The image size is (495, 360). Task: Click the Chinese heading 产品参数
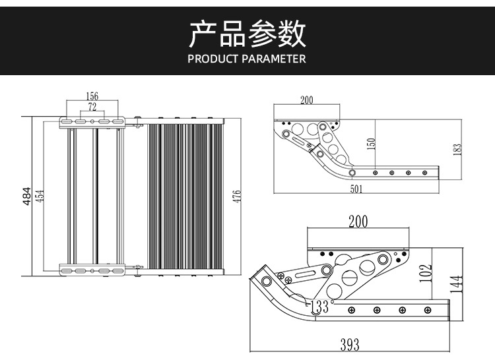pyautogui.click(x=247, y=34)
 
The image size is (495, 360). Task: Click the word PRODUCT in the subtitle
pyautogui.click(x=212, y=59)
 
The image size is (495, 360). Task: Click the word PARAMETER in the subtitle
pyautogui.click(x=273, y=59)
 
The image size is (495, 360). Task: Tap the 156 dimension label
pyautogui.click(x=92, y=97)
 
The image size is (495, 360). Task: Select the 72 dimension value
pyautogui.click(x=92, y=106)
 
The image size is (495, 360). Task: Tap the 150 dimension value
pyautogui.click(x=371, y=144)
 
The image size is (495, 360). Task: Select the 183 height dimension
pyautogui.click(x=457, y=149)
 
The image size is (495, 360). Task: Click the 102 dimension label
pyautogui.click(x=426, y=272)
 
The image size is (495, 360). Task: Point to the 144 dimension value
pyautogui.click(x=456, y=284)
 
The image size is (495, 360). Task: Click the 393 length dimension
pyautogui.click(x=350, y=344)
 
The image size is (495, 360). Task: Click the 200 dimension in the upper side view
pyautogui.click(x=306, y=100)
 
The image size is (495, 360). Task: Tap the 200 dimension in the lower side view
pyautogui.click(x=358, y=222)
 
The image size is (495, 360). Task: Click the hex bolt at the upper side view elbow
pyautogui.click(x=352, y=173)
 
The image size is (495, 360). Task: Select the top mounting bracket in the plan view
pyautogui.click(x=92, y=122)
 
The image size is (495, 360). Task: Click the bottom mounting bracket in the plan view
pyautogui.click(x=92, y=270)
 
